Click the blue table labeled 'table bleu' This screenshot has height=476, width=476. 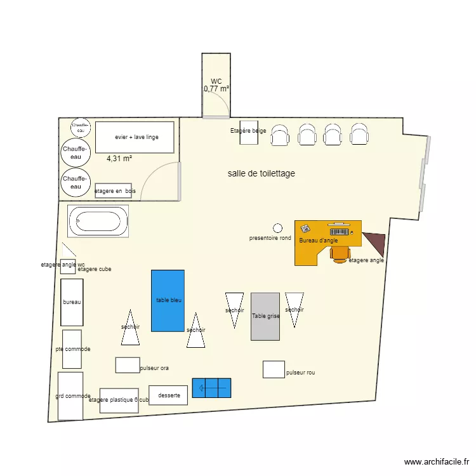click(x=168, y=300)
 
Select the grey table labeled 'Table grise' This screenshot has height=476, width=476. click(x=265, y=316)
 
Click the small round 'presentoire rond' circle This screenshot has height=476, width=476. click(x=277, y=228)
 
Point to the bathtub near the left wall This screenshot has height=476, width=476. click(x=98, y=221)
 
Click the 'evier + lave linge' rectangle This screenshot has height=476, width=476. click(x=135, y=137)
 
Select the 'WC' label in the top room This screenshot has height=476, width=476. click(x=216, y=81)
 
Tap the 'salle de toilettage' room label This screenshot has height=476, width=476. click(x=261, y=173)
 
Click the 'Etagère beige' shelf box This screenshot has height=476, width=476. click(x=248, y=132)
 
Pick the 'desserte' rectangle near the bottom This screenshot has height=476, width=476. click(x=168, y=395)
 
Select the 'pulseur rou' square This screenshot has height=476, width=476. click(x=274, y=369)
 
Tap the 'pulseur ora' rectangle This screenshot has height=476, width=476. click(x=127, y=365)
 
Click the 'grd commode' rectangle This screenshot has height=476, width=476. click(x=70, y=396)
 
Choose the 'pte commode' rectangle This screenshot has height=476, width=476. click(x=72, y=348)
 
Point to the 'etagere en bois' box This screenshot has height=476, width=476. click(x=113, y=190)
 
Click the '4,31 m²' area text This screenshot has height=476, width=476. click(x=119, y=159)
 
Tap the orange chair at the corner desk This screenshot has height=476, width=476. click(x=340, y=253)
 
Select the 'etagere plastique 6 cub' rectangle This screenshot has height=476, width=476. click(x=119, y=400)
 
